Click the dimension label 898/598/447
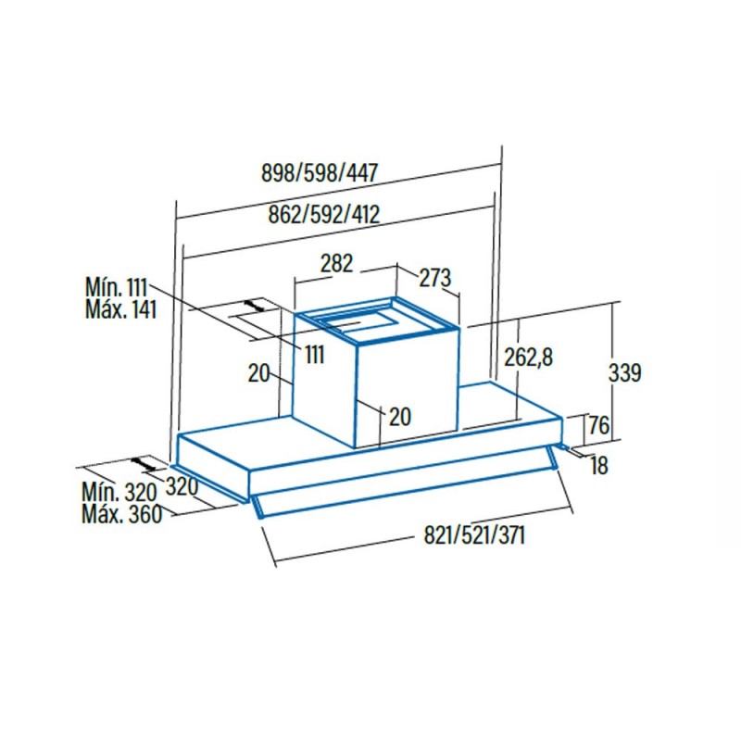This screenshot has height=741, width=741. click(x=320, y=173)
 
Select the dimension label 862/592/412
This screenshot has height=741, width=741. click(x=323, y=215)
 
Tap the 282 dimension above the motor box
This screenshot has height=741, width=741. click(x=336, y=263)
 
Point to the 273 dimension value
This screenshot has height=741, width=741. click(x=434, y=278)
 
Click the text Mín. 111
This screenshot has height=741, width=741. click(x=117, y=287)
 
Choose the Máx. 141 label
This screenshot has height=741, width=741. click(x=120, y=309)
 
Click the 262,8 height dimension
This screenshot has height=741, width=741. click(x=528, y=358)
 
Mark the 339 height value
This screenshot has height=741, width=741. click(x=624, y=372)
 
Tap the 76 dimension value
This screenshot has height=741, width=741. click(x=598, y=425)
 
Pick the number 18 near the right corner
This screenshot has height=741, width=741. click(x=598, y=466)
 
